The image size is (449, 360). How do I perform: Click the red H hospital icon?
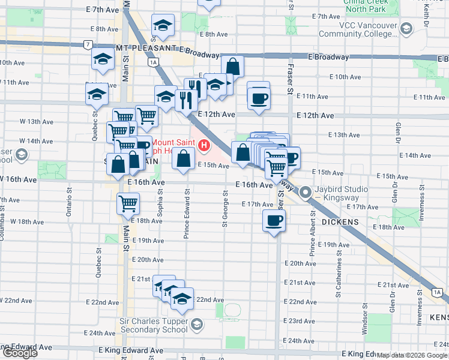(205, 145)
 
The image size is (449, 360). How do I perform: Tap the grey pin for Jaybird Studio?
(305, 193)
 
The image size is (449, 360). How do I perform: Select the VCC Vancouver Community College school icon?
(406, 29)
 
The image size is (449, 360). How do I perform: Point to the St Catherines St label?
(339, 274)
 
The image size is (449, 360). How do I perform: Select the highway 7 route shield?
(88, 45)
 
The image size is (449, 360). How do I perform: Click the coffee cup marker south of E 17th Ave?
(274, 221)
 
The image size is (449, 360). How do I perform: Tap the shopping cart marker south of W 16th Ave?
(128, 204)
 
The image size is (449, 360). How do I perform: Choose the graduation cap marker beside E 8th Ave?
(161, 26)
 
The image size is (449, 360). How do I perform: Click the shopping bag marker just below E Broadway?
(232, 67)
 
